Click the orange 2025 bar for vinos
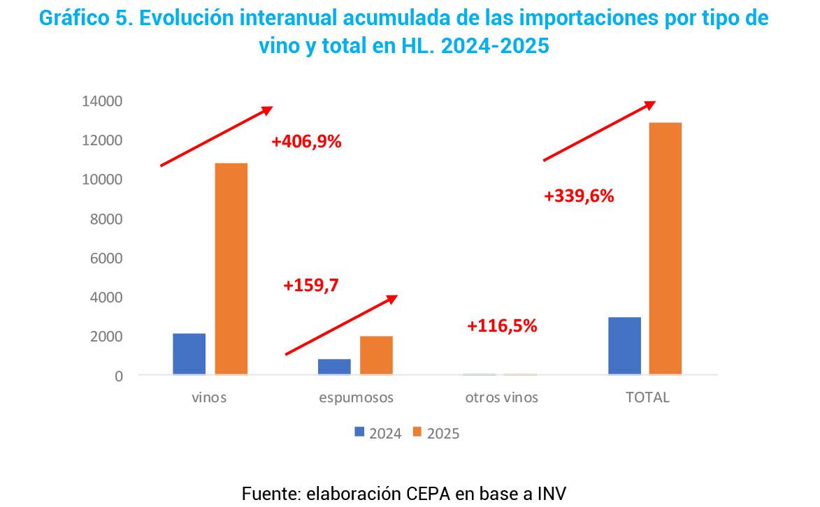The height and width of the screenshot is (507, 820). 231,269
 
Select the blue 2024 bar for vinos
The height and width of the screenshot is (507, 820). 189,354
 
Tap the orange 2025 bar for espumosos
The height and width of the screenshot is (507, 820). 376,355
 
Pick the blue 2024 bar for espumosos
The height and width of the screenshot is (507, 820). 334,367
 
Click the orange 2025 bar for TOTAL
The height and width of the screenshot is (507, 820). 665,249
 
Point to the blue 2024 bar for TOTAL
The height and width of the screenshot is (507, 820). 624,346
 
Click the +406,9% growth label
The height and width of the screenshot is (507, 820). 306,142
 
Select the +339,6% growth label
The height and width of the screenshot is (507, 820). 579,196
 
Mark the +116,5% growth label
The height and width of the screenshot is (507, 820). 502,325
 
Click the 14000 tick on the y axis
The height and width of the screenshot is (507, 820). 102,101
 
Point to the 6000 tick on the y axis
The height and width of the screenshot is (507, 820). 106,258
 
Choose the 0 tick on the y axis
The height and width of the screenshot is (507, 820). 119,376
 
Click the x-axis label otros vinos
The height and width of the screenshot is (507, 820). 502,398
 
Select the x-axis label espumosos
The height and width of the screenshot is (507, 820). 357,398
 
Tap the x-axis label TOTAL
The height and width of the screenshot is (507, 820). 647,398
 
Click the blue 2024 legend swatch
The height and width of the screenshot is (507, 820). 360,432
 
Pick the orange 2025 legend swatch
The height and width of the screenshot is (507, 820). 417,432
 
